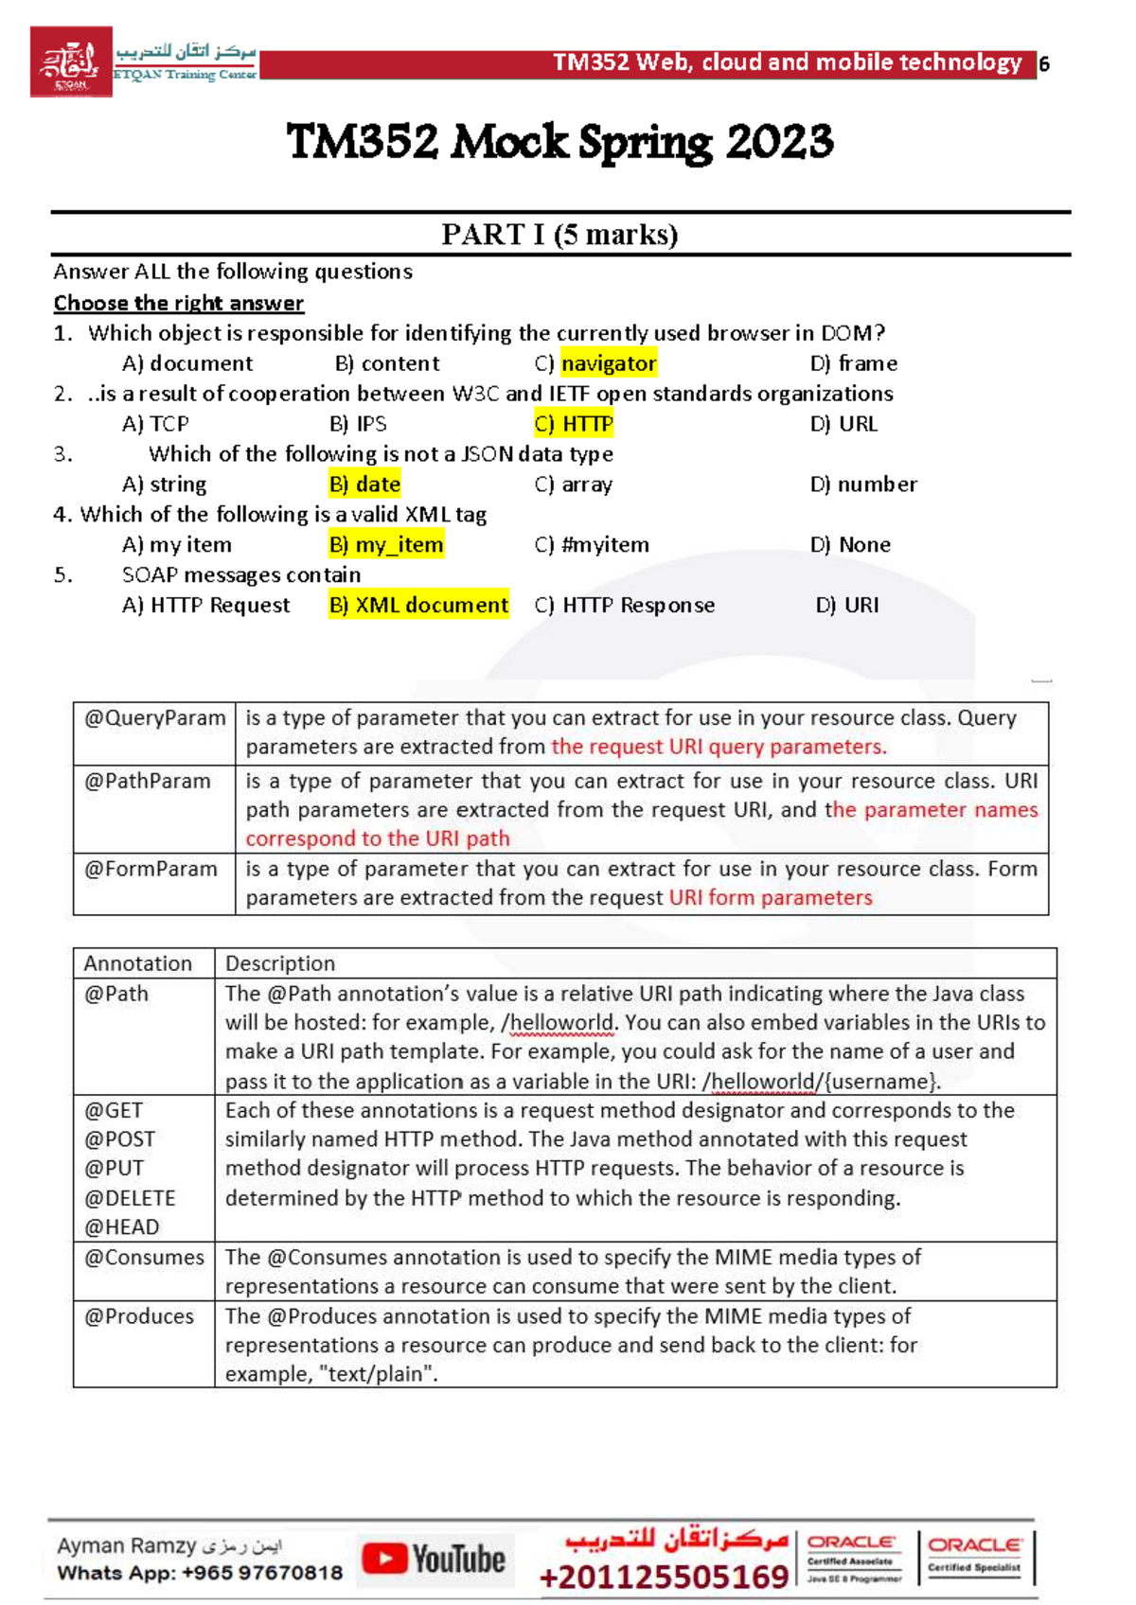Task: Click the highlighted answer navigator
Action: [x=608, y=363]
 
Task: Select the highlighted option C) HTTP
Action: [x=574, y=424]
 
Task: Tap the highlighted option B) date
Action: [x=364, y=485]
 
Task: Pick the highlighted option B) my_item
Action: [x=386, y=545]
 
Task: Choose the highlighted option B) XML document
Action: [x=418, y=606]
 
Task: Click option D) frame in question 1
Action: [x=853, y=363]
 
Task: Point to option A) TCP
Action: [x=155, y=424]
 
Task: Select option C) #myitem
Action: [x=592, y=545]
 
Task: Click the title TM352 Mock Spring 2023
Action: [x=559, y=143]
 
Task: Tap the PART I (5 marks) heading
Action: [x=559, y=234]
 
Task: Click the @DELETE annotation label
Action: [x=130, y=1198]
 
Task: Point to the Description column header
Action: [x=280, y=963]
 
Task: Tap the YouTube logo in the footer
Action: [x=435, y=1560]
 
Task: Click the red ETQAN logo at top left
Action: [x=71, y=62]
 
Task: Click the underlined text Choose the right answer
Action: [x=178, y=304]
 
